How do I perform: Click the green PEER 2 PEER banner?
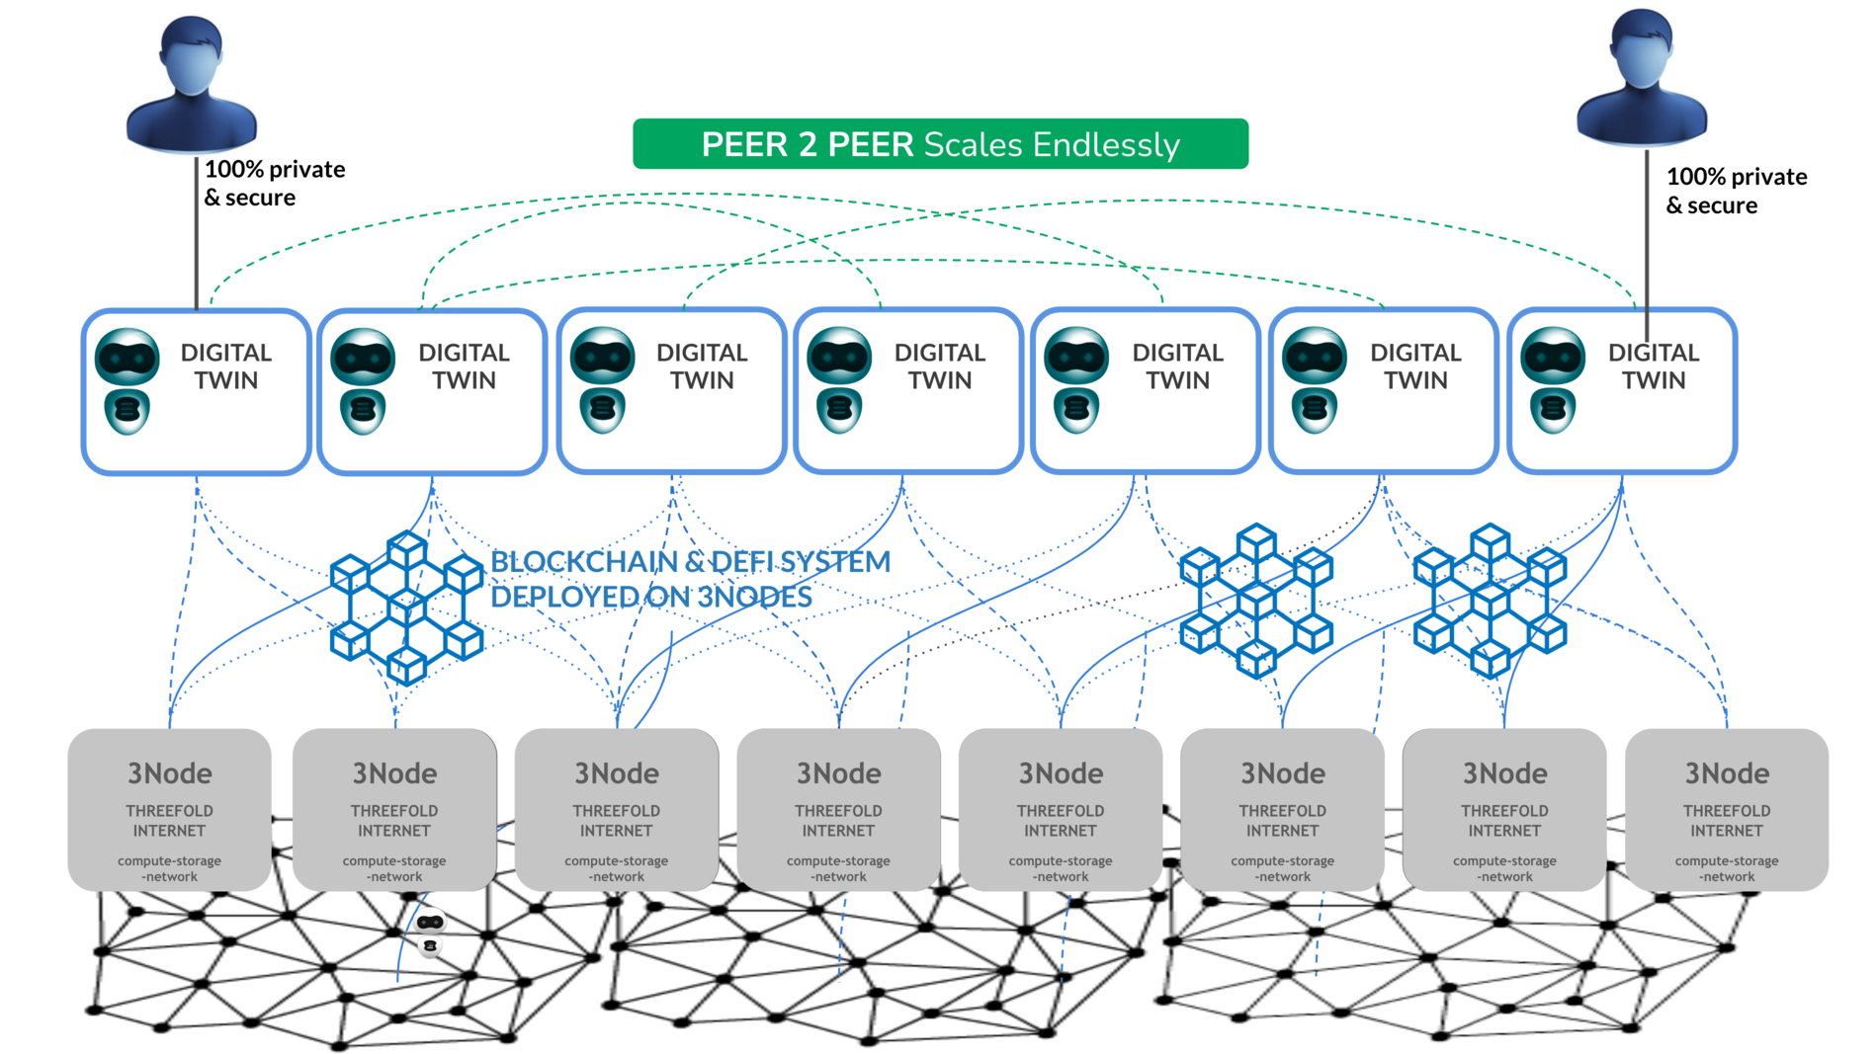point(939,144)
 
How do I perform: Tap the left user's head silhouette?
point(192,59)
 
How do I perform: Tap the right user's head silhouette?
point(1641,54)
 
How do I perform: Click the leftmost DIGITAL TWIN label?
point(225,366)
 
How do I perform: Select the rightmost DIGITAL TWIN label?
point(1653,366)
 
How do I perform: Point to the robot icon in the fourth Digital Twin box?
point(839,380)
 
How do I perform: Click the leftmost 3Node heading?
point(169,773)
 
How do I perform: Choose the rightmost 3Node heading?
point(1726,773)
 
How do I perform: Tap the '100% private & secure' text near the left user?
point(274,184)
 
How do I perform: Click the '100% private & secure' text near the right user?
point(1736,191)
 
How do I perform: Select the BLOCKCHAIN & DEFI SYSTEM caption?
point(690,579)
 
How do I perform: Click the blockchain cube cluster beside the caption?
point(406,608)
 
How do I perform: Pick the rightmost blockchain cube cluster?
point(1490,601)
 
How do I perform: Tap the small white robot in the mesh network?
point(430,932)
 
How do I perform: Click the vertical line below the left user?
point(197,232)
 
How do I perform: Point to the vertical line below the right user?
point(1647,232)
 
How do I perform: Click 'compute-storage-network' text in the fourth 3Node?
point(838,868)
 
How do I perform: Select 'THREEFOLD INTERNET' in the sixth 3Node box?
point(1282,821)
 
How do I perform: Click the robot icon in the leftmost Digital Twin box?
point(128,380)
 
